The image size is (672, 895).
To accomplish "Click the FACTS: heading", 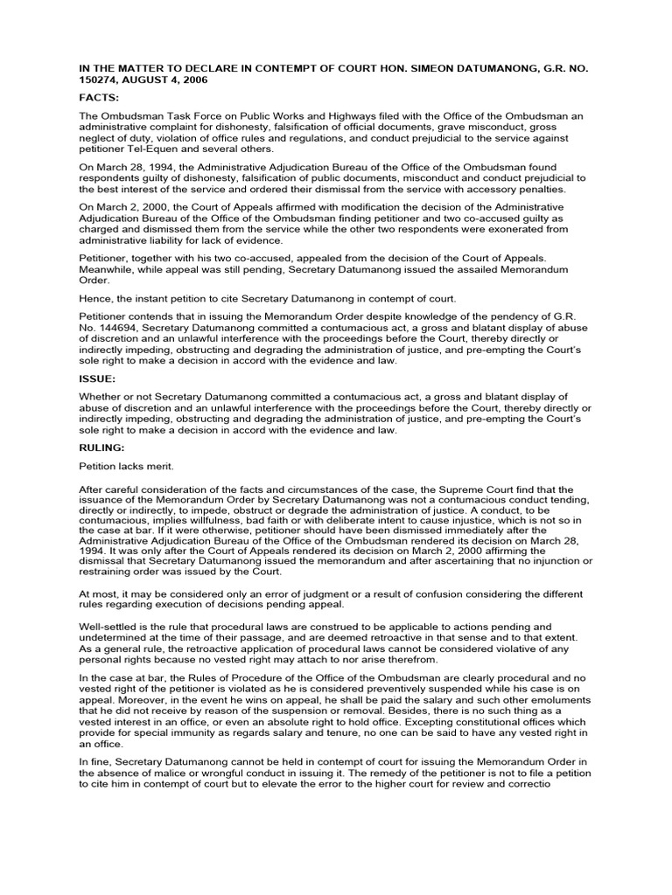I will [x=99, y=100].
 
